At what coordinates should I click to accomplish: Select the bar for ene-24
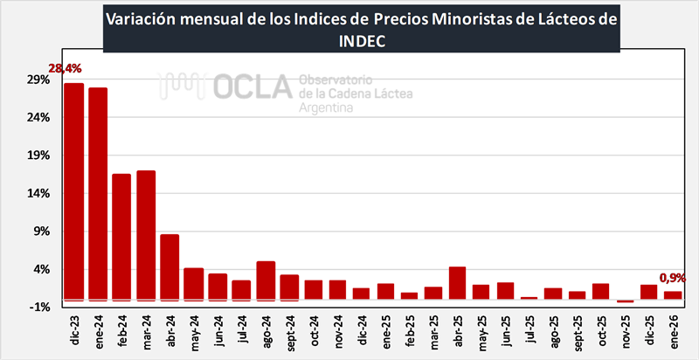tap(98, 193)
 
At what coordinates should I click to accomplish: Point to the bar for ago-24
tap(266, 280)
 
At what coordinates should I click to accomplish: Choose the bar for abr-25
tap(457, 282)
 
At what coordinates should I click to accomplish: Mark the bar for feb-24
tap(121, 236)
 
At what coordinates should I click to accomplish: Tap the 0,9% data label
tap(673, 278)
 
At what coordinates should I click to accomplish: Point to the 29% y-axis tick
tap(38, 80)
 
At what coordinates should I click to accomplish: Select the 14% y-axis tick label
tap(38, 193)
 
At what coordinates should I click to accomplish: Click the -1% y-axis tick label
tap(38, 307)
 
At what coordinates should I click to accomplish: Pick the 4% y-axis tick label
tap(41, 269)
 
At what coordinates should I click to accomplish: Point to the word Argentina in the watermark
tap(326, 108)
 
